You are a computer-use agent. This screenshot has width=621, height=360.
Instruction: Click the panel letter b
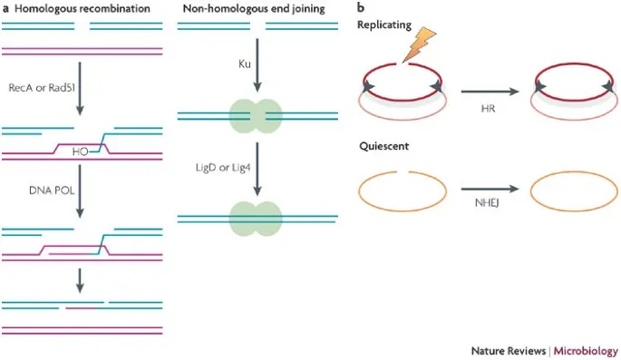pos(361,8)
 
